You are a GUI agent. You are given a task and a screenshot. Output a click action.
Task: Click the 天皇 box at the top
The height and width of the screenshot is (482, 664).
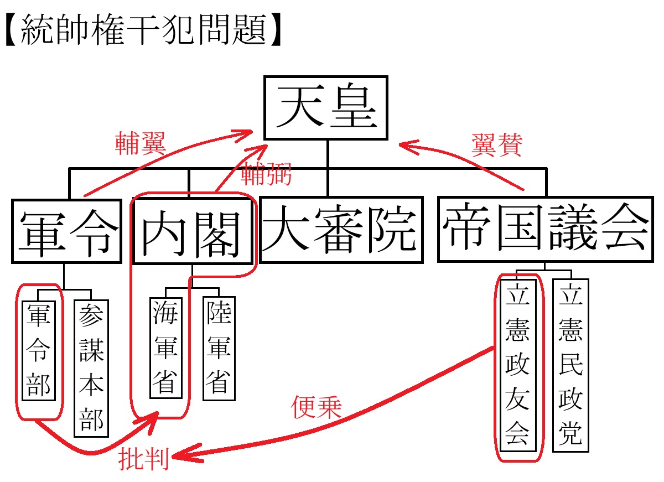pyautogui.click(x=326, y=108)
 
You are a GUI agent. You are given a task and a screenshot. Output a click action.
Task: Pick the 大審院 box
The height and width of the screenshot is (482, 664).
pyautogui.click(x=341, y=230)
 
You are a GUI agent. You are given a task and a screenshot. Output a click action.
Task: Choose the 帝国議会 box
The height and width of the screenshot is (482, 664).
pyautogui.click(x=545, y=229)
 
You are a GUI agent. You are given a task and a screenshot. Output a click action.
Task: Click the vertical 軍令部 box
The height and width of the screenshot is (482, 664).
pyautogui.click(x=39, y=350)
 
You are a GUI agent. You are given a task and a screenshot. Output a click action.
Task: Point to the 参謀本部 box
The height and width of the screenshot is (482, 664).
pyautogui.click(x=91, y=368)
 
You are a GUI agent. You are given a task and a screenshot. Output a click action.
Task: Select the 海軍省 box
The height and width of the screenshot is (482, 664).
pyautogui.click(x=166, y=348)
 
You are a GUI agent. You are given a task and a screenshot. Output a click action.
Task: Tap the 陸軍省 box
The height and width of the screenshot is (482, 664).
pyautogui.click(x=219, y=348)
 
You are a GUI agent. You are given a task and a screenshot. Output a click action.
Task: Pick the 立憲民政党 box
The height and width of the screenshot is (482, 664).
pyautogui.click(x=570, y=365)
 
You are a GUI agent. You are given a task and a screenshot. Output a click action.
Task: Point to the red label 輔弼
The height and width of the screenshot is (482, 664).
pyautogui.click(x=266, y=175)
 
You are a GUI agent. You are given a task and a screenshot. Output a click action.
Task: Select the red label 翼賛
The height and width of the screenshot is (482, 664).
pyautogui.click(x=497, y=145)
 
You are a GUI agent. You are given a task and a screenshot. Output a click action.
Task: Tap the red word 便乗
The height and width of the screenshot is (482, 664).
pyautogui.click(x=317, y=407)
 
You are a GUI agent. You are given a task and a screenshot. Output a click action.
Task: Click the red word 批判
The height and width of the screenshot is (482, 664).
pyautogui.click(x=143, y=459)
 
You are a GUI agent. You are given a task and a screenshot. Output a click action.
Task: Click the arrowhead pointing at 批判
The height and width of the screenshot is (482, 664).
pyautogui.click(x=178, y=457)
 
